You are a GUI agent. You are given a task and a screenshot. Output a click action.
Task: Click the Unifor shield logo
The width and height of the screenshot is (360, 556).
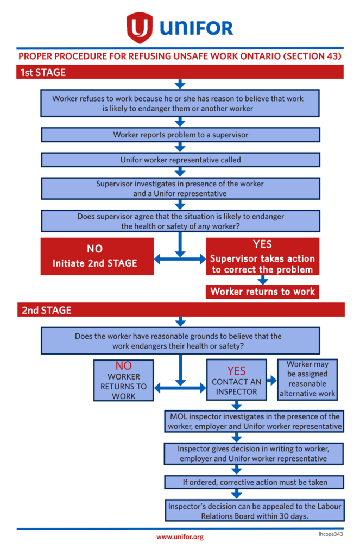pyautogui.click(x=140, y=27)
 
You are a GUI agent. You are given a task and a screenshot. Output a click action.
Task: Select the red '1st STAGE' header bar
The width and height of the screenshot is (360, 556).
pyautogui.click(x=180, y=72)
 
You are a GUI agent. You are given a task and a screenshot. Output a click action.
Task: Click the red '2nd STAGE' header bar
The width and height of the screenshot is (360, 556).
pyautogui.click(x=180, y=309)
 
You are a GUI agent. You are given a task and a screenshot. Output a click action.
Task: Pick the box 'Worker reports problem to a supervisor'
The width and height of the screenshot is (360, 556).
pyautogui.click(x=180, y=134)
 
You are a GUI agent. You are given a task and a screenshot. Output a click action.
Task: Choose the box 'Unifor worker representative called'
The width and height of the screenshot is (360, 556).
pyautogui.click(x=180, y=160)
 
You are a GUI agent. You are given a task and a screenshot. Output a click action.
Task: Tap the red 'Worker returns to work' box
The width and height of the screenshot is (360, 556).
pyautogui.click(x=262, y=292)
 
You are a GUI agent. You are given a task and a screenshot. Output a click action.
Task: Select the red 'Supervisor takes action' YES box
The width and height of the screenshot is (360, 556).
pyautogui.click(x=262, y=256)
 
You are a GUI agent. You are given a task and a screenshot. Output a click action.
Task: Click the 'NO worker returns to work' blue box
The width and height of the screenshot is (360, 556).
pyautogui.click(x=124, y=380)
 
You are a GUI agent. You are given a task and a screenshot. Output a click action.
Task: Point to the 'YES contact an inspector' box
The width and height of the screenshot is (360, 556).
pyautogui.click(x=236, y=380)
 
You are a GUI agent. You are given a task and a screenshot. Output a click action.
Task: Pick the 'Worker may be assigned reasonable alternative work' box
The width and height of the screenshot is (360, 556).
pyautogui.click(x=307, y=378)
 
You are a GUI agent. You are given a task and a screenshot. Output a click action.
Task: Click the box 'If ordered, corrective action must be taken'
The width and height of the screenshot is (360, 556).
pyautogui.click(x=254, y=482)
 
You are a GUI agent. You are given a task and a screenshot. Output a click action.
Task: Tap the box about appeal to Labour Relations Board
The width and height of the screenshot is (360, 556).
pyautogui.click(x=254, y=511)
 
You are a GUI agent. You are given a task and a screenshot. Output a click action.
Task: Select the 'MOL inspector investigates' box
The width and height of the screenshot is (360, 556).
pyautogui.click(x=254, y=421)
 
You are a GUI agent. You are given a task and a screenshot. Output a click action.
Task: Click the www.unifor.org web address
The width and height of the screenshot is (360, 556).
pyautogui.click(x=180, y=537)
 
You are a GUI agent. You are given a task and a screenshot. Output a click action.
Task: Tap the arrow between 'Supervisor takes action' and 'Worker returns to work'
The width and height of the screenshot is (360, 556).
pyautogui.click(x=262, y=280)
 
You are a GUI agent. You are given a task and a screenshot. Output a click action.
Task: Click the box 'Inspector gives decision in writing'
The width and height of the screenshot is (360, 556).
pyautogui.click(x=254, y=453)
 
